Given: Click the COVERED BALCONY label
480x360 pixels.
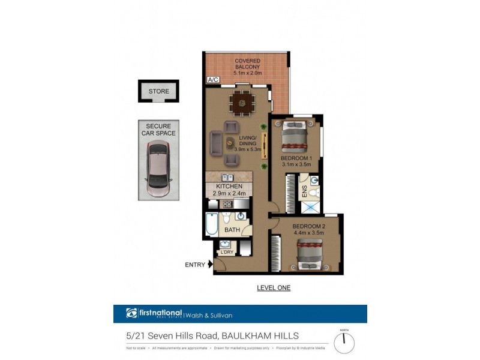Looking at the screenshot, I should [x=247, y=64].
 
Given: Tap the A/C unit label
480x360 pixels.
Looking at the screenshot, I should [x=212, y=79].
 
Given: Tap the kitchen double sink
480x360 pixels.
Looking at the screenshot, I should [x=228, y=177].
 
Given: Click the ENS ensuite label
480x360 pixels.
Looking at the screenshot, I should [x=304, y=191].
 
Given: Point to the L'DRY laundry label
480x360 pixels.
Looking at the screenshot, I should [x=226, y=252].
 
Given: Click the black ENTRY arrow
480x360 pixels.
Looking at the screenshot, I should [x=209, y=264].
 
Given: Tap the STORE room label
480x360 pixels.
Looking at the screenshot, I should [x=159, y=92].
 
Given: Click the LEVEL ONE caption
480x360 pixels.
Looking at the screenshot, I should [x=273, y=288].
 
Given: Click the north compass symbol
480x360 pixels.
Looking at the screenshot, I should [x=344, y=343].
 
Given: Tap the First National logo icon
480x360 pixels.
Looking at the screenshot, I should [x=132, y=313].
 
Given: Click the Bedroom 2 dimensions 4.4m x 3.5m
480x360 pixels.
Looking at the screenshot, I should [x=308, y=233].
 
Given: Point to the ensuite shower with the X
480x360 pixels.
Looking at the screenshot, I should [x=310, y=206].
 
